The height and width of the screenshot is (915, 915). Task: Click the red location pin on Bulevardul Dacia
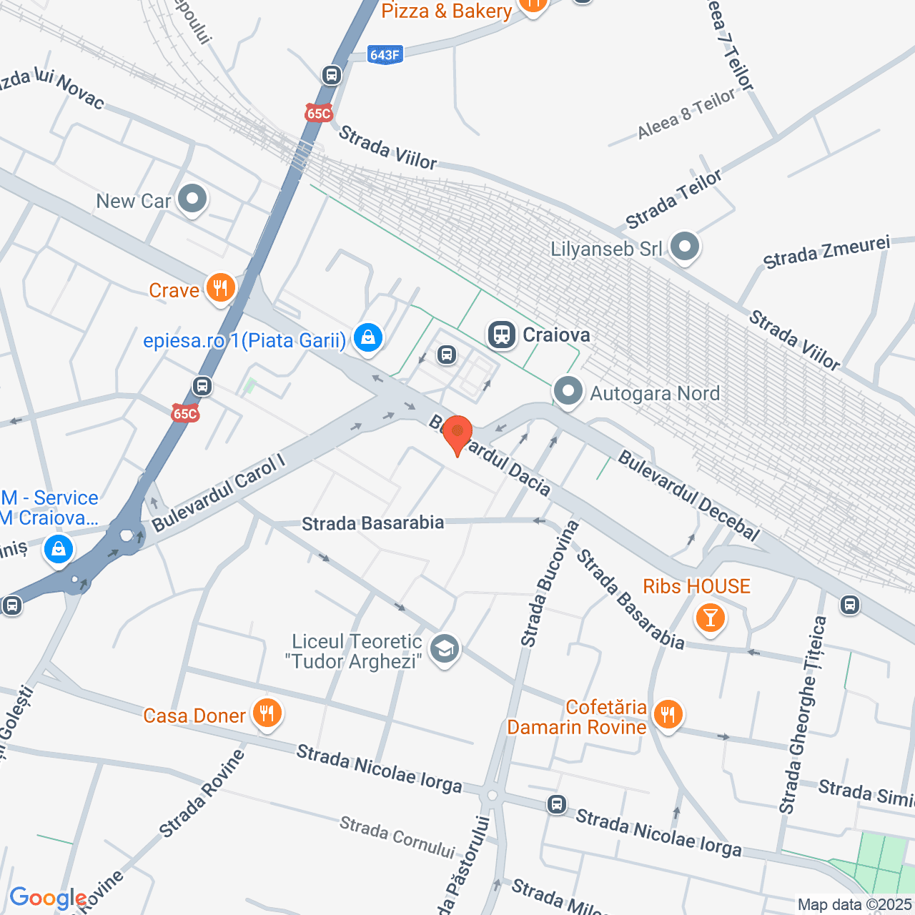tap(457, 433)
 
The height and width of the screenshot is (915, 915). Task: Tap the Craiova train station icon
tap(502, 335)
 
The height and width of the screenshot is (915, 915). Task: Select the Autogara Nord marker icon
tap(568, 392)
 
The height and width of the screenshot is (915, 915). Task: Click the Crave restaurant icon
tap(220, 288)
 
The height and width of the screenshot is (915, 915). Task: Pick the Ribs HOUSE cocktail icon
tap(710, 617)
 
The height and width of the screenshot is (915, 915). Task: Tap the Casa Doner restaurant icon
tap(267, 713)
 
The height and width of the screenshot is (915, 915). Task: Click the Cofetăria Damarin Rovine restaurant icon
tap(668, 714)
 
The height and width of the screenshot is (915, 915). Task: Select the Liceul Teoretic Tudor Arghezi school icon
tap(445, 650)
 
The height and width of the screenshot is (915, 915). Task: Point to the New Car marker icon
tap(192, 199)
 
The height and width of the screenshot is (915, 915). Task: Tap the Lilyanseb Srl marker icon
tap(685, 247)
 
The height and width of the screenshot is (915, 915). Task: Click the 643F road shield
tap(385, 54)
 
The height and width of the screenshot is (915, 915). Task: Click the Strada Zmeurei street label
tap(826, 252)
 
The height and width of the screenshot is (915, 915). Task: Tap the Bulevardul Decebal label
tap(688, 495)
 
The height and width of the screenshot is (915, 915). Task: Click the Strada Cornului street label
tap(397, 836)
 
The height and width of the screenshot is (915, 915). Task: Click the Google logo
tap(48, 898)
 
